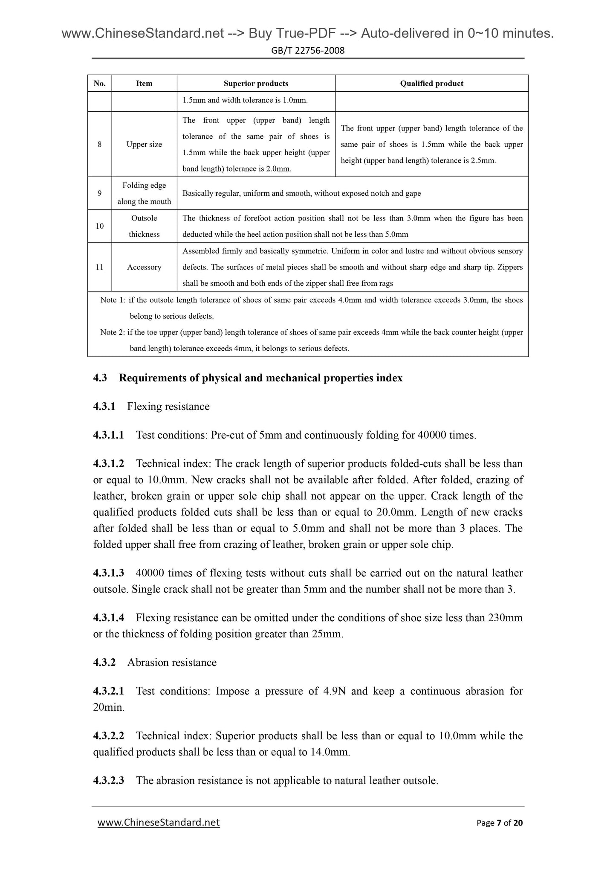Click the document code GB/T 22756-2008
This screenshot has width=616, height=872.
pos(308,51)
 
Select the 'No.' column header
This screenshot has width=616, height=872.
pos(99,84)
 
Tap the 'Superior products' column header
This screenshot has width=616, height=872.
pos(256,84)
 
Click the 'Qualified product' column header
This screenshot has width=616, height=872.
pos(431,84)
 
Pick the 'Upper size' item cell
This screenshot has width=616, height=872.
pos(144,145)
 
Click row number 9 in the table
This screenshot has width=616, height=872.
pos(99,193)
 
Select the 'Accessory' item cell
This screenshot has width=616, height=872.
pos(144,267)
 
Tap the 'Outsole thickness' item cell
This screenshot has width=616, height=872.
pos(144,226)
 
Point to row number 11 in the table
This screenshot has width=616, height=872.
pos(99,267)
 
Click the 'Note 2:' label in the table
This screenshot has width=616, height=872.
pos(113,332)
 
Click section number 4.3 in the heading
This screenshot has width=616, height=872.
pos(100,378)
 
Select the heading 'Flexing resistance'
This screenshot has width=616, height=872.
pos(168,407)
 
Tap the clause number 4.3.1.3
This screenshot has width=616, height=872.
pos(109,573)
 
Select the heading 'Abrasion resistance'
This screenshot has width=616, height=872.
pos(172,663)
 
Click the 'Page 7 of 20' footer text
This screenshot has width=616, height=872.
pos(499,823)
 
